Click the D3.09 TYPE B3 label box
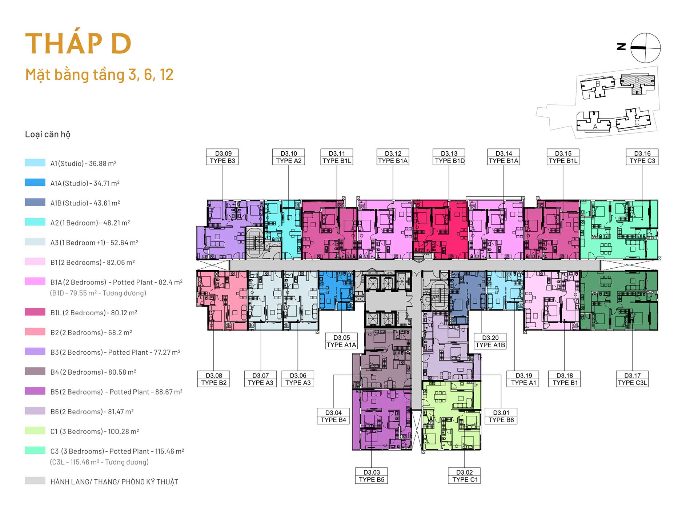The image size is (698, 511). tap(222, 157)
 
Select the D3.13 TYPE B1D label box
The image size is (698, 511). tap(449, 157)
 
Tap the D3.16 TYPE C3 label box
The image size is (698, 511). tap(642, 157)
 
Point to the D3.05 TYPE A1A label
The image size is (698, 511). tap(341, 341)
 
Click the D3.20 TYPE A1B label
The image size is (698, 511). tap(490, 341)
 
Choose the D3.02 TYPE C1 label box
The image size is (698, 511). tap(464, 476)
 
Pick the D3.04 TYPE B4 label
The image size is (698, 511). tap(333, 416)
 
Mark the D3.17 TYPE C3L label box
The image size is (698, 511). tap(632, 379)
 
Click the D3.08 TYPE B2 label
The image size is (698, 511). tap(214, 379)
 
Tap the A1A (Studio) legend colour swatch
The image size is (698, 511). tap(35, 182)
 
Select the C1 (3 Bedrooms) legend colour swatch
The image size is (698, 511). tap(35, 430)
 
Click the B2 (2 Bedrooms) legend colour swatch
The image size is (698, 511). tap(35, 331)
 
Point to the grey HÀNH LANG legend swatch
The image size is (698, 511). tap(35, 480)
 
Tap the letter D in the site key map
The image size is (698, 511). tap(637, 80)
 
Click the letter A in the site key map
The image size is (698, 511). tap(595, 127)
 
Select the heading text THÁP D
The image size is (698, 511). tap(78, 44)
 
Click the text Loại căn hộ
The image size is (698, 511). tap(48, 134)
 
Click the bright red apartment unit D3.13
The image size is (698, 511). tap(441, 229)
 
